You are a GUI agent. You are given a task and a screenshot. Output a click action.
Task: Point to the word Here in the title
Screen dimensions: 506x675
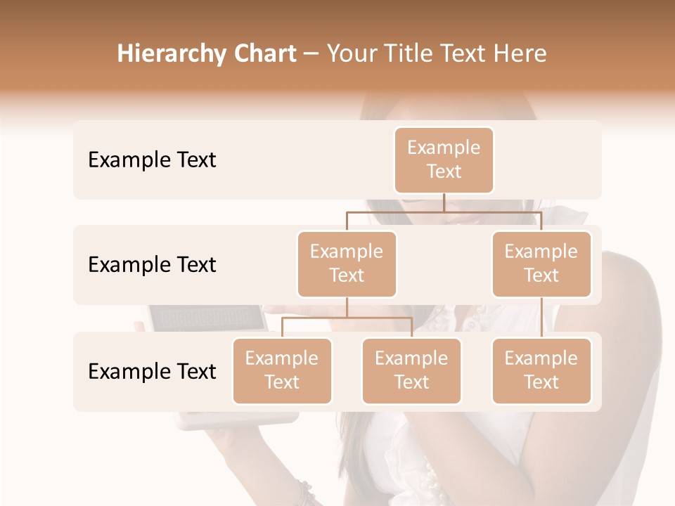coord(520,54)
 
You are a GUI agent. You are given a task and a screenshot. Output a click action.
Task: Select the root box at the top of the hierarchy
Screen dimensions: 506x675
coord(444,160)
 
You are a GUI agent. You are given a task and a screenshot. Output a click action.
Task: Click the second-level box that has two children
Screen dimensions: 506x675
coord(347,264)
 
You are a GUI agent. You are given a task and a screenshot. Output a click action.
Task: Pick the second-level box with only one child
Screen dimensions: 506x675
coord(541,264)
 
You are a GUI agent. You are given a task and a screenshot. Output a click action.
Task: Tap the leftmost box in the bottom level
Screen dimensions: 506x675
coord(282,370)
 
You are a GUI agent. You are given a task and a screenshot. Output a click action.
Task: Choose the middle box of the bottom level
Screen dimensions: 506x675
coord(411,370)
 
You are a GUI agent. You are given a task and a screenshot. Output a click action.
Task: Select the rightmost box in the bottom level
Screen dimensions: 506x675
coord(541,370)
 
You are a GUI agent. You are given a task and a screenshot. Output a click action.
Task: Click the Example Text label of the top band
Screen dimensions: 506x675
coord(152,160)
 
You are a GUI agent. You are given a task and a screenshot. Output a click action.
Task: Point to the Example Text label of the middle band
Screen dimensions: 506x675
coord(152,265)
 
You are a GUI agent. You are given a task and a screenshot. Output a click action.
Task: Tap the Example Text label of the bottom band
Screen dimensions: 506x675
coord(152,372)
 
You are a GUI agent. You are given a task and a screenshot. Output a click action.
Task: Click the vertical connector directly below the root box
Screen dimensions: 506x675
coord(444,202)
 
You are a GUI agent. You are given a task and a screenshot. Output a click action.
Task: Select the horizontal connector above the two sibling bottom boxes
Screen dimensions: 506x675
coord(347,318)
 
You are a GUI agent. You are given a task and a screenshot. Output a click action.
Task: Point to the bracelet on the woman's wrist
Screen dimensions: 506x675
coord(305,491)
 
